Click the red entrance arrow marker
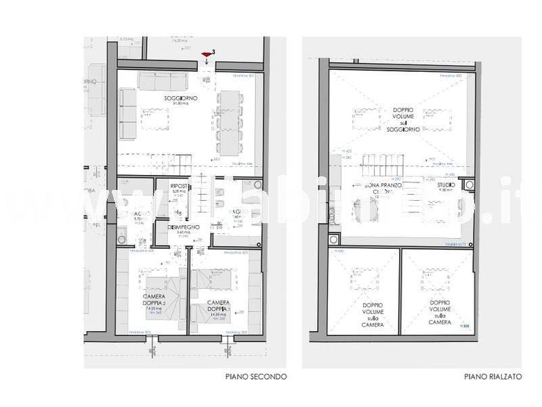pos(206,54)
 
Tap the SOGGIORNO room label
pos(176,100)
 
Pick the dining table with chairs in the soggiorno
pos(228,123)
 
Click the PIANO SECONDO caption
pos(255,376)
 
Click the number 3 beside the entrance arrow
pos(214,52)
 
